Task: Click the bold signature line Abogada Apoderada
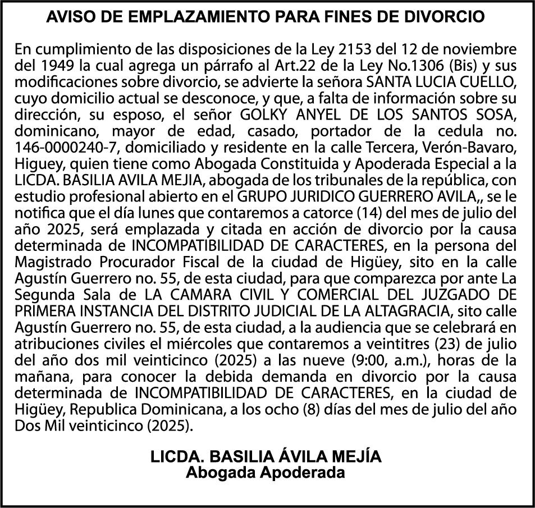[266, 473]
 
